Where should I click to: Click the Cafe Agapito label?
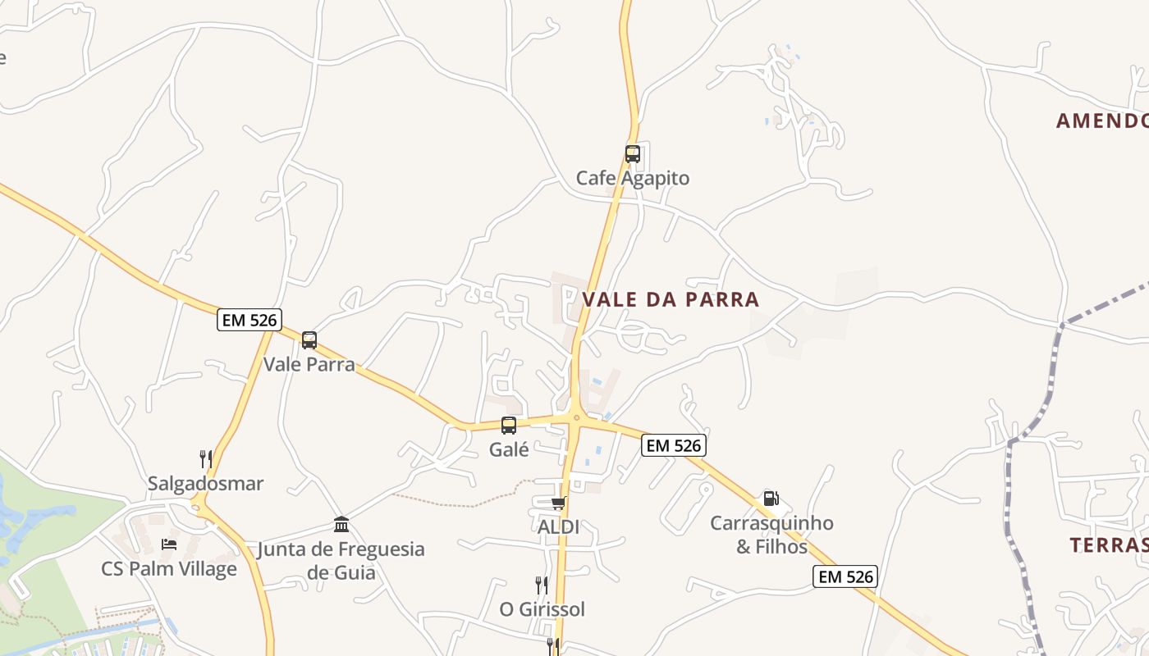633,178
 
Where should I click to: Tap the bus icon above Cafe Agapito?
632,153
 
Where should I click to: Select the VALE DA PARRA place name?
671,299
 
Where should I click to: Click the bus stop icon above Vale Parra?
309,339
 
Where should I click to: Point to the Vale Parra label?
309,364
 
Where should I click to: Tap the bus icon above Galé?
509,425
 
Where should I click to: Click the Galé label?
509,449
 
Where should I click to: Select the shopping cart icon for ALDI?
558,503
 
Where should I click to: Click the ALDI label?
558,527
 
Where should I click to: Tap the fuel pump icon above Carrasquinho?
771,498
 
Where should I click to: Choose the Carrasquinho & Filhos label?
771,535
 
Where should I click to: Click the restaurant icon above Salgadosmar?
206,458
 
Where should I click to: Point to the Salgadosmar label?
206,483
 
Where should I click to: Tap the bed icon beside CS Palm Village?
169,544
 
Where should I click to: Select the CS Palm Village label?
169,568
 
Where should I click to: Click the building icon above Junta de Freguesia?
341,524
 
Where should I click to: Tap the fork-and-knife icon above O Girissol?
542,585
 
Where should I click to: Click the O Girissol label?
542,609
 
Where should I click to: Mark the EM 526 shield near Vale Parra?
249,320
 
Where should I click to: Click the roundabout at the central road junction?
576,417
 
